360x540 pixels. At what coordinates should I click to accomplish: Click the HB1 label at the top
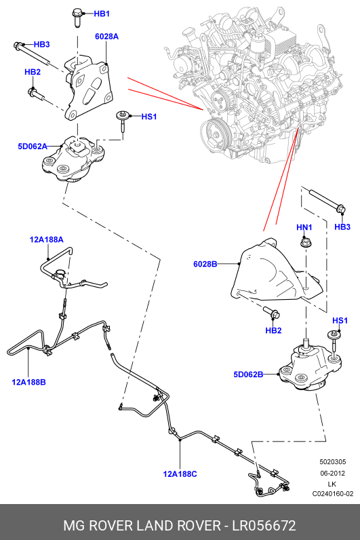click(102, 14)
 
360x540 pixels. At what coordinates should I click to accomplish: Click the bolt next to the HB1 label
click(77, 18)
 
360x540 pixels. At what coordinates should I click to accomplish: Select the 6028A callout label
click(106, 37)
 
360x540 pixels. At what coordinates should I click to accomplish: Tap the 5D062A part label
click(33, 147)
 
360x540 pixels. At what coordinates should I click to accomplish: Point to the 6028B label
click(205, 264)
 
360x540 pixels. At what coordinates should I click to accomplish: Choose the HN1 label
click(304, 227)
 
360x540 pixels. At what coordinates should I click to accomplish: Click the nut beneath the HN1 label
click(304, 242)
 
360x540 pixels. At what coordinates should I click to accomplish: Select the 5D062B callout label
click(248, 374)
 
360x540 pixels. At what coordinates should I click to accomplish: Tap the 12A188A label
click(47, 239)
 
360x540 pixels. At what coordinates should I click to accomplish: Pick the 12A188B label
click(28, 382)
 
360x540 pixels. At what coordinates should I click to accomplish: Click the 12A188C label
click(180, 474)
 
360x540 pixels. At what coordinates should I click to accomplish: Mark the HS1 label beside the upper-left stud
click(149, 117)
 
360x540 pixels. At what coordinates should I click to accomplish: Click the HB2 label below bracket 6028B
click(274, 330)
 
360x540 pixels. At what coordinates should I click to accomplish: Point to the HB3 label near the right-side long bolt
click(342, 227)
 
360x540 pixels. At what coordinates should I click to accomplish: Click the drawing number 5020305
click(333, 462)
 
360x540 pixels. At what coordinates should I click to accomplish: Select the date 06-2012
click(333, 474)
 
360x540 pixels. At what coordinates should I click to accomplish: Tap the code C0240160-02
click(333, 494)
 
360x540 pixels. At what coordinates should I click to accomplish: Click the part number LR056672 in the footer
click(264, 526)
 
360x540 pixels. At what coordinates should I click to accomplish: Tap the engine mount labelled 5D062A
click(74, 159)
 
